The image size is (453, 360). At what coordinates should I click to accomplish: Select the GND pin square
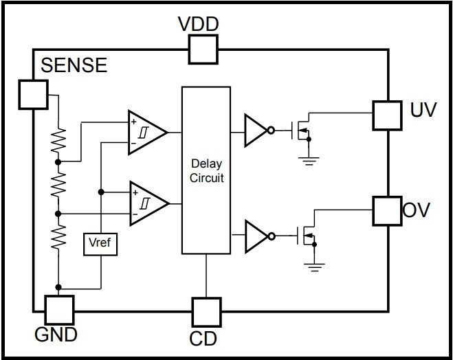(x=58, y=310)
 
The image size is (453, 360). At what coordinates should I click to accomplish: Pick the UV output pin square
(x=386, y=115)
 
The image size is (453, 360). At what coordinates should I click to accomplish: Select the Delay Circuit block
(x=206, y=170)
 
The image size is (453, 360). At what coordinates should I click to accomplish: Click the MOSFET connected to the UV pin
(x=302, y=130)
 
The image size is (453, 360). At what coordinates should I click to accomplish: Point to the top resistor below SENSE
(x=58, y=141)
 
